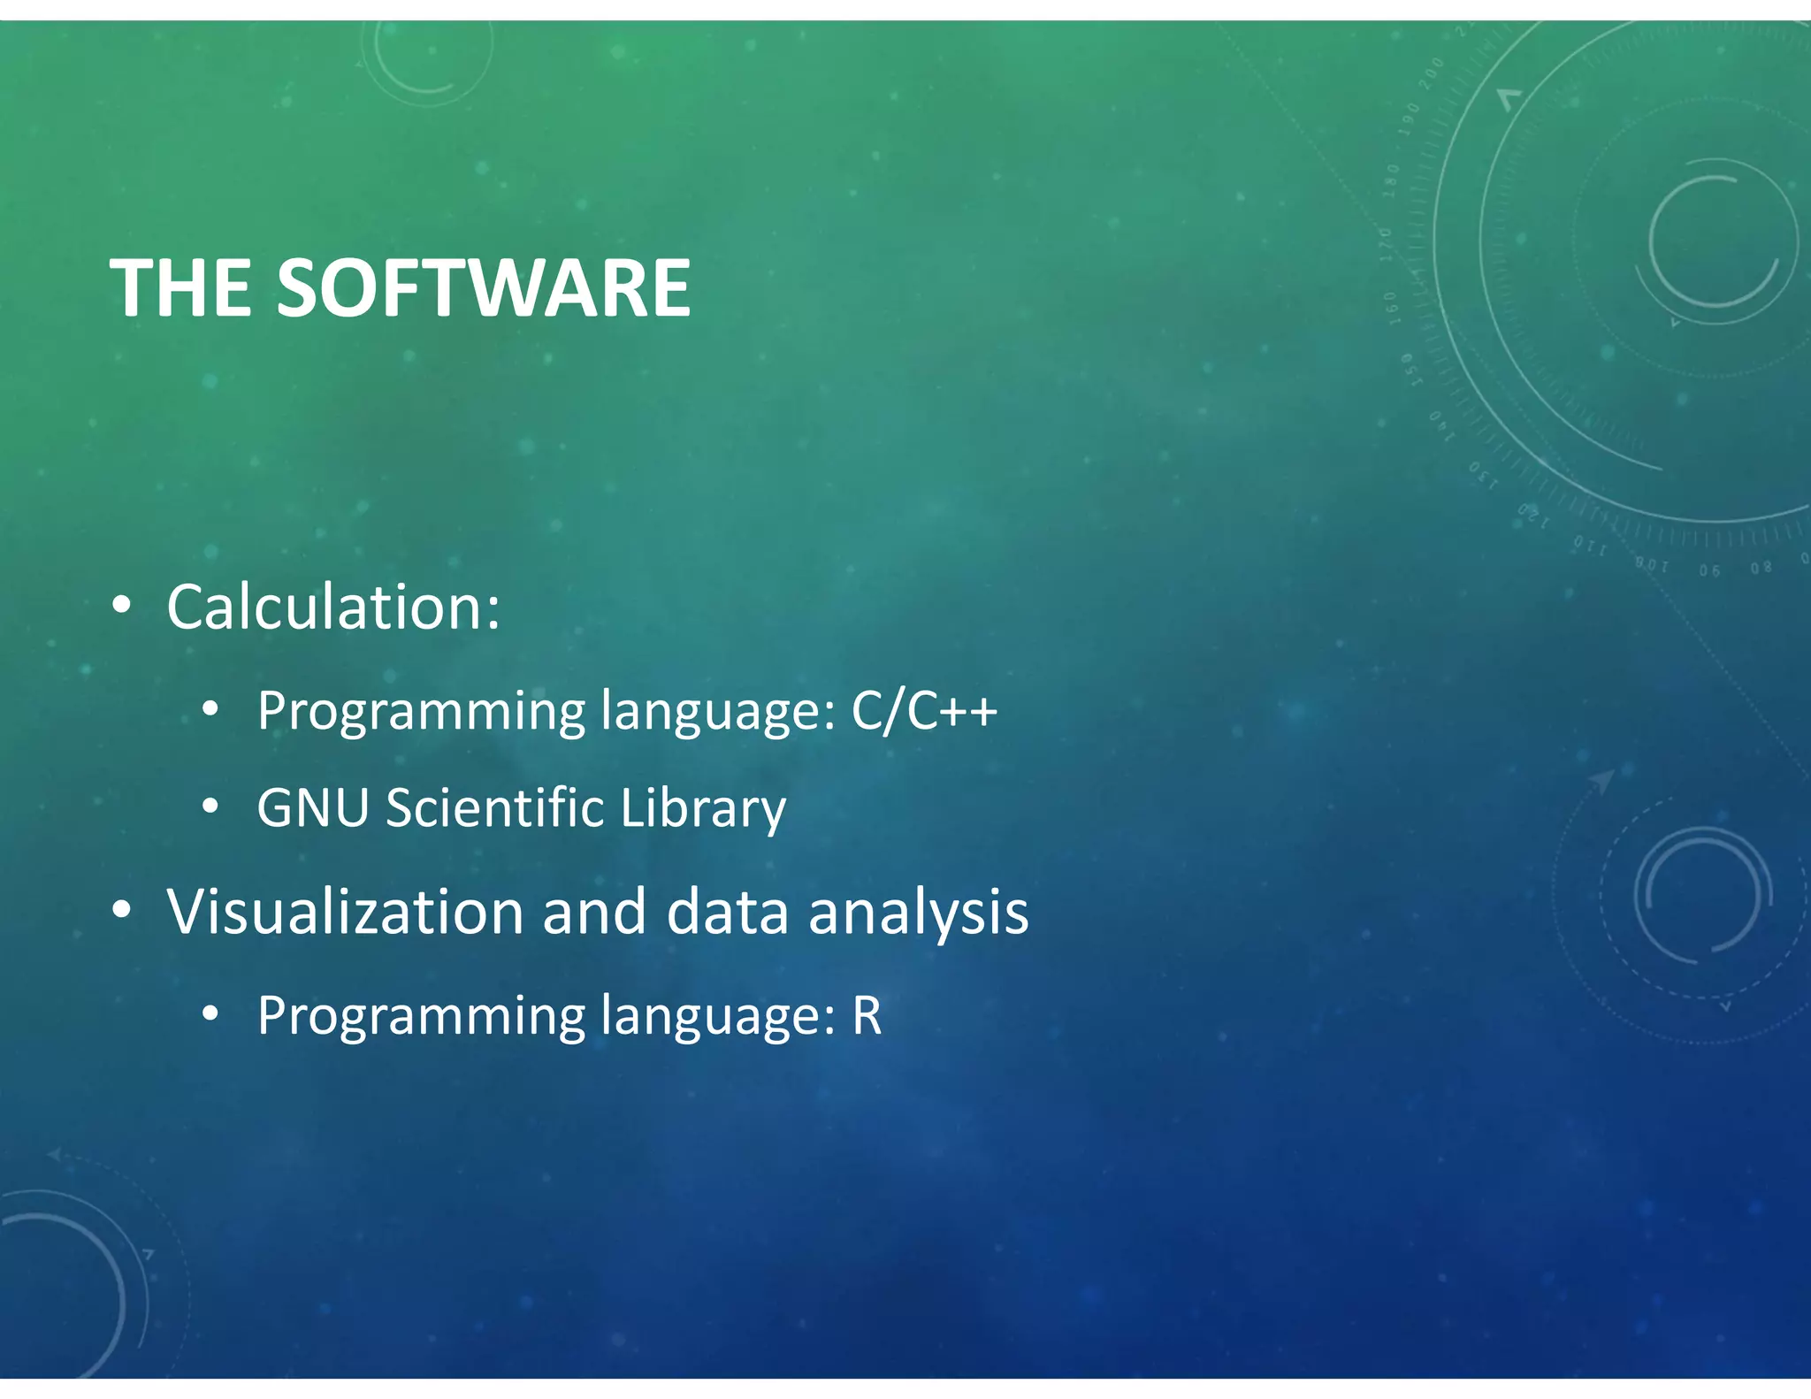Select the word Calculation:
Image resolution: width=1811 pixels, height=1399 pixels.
[x=333, y=608]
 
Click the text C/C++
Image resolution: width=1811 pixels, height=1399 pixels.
[x=924, y=710]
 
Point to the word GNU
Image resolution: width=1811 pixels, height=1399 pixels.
[x=312, y=807]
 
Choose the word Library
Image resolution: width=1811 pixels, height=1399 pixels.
[x=702, y=809]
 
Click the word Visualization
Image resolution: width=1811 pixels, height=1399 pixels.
[x=346, y=912]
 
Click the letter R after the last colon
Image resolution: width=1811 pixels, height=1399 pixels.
[x=867, y=1015]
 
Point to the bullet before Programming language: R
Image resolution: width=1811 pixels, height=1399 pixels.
[x=210, y=1014]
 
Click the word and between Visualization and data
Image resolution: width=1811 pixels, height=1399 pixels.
[x=594, y=912]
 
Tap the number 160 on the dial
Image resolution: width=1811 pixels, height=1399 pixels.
[x=1392, y=308]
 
